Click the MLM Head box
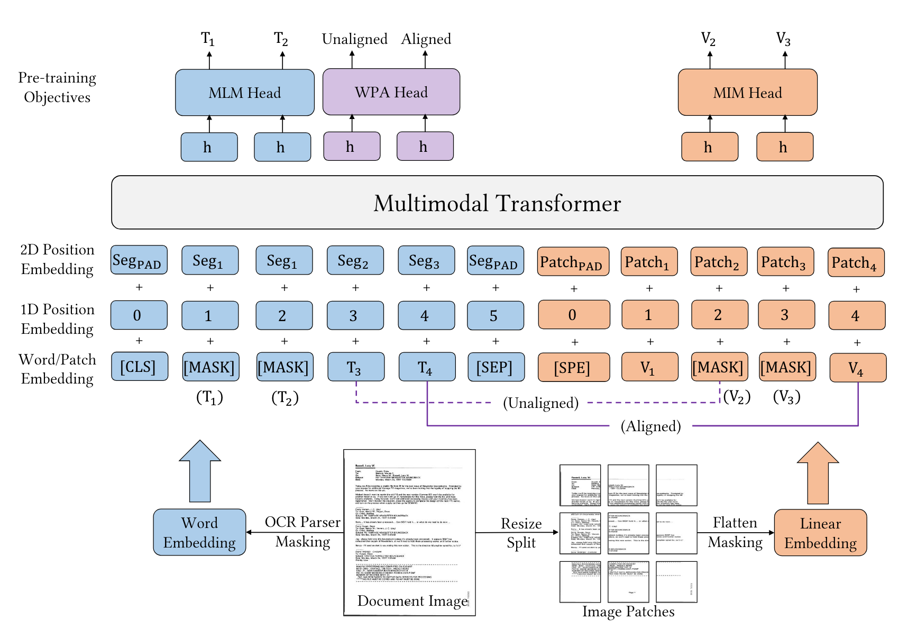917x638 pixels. [244, 93]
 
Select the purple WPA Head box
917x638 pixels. [391, 92]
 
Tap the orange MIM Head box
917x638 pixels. [747, 93]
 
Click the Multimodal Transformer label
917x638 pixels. [497, 203]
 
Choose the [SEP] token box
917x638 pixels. [496, 367]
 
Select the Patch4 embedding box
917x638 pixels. [855, 262]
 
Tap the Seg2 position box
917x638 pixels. [354, 260]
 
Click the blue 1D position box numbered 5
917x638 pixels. [495, 316]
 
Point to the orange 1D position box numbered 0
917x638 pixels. [573, 315]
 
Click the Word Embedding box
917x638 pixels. [199, 532]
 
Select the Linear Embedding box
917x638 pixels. [820, 533]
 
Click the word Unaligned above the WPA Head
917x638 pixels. [354, 39]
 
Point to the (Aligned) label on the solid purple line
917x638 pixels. [650, 426]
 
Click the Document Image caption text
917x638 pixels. [412, 601]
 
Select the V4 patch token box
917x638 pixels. [857, 368]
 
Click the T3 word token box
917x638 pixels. [355, 367]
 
